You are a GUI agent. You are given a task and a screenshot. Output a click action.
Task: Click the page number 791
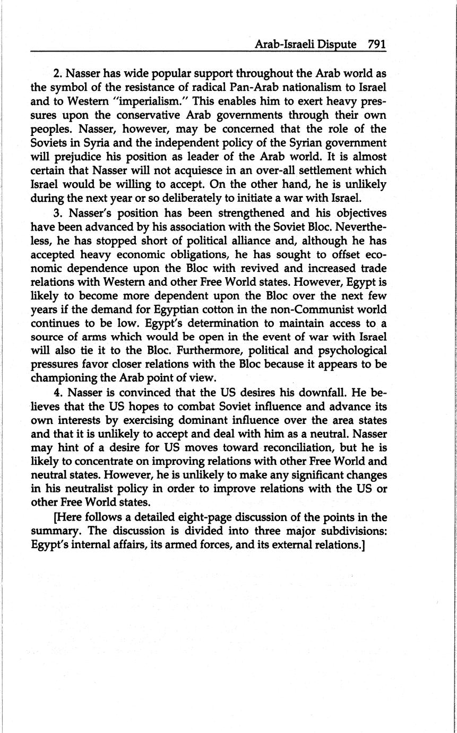(x=376, y=45)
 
